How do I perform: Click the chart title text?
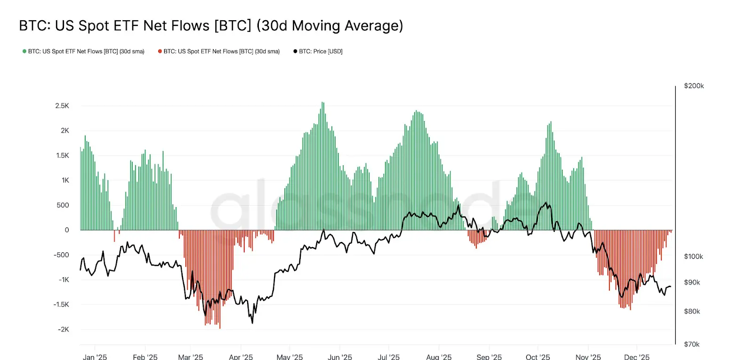211,25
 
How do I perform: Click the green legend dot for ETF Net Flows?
24,51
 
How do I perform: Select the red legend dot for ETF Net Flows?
160,51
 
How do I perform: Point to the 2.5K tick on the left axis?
62,106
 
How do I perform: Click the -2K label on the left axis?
63,329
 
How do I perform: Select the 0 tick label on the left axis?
67,230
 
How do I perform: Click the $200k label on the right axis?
694,86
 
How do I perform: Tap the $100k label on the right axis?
693,256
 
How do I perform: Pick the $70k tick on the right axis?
692,344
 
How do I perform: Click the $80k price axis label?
692,312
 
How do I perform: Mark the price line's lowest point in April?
252,323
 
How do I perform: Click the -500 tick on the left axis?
62,255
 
